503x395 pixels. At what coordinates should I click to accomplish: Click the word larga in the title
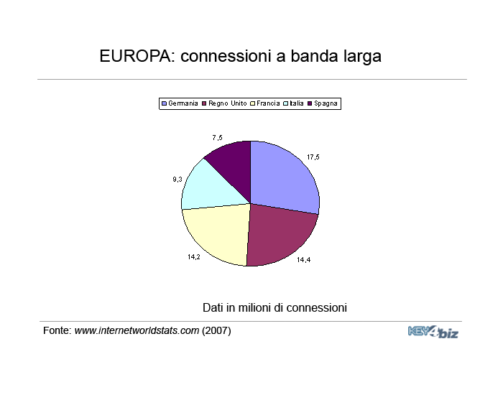click(362, 57)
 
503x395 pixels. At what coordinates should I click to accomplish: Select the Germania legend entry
click(180, 103)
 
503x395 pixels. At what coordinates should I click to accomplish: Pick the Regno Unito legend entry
click(224, 103)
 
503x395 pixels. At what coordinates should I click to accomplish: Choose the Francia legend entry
click(264, 103)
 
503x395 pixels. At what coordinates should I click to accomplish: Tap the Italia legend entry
click(293, 103)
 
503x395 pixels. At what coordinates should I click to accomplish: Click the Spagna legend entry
click(323, 103)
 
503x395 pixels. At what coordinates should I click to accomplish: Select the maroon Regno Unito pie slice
click(279, 236)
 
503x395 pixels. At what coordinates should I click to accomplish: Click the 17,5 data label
click(313, 157)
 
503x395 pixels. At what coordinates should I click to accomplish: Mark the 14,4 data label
click(303, 260)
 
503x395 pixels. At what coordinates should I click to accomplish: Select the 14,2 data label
click(194, 257)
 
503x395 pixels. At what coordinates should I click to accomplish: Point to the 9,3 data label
click(177, 180)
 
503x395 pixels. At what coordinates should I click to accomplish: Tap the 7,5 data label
click(217, 138)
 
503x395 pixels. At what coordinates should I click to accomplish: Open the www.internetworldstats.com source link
click(137, 330)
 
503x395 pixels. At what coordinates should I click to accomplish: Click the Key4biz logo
click(433, 332)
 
